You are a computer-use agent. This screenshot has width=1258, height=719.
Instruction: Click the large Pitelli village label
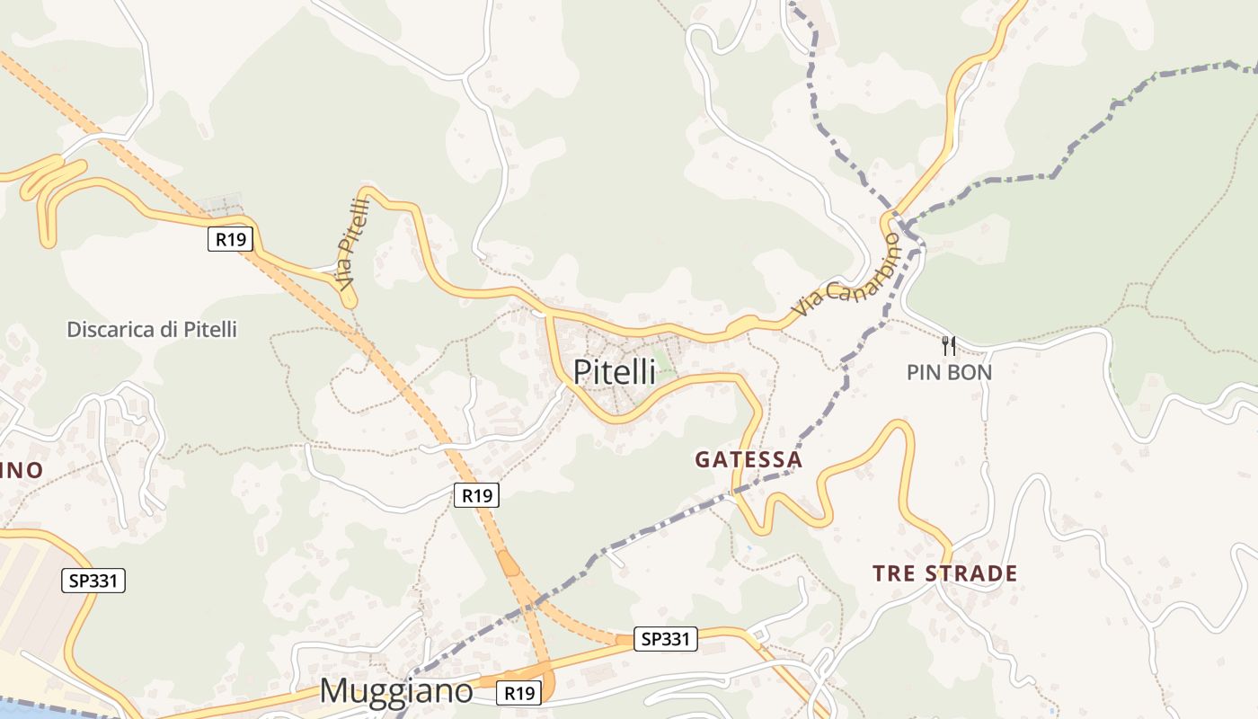[x=615, y=371]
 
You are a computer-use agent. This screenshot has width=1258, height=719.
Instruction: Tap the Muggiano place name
[x=395, y=690]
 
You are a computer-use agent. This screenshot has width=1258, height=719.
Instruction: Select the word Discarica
[x=111, y=329]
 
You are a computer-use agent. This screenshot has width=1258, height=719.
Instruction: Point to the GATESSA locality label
[x=749, y=459]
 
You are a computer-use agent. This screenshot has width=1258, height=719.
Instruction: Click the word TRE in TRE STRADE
[x=893, y=573]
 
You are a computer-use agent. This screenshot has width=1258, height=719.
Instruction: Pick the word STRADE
[x=971, y=573]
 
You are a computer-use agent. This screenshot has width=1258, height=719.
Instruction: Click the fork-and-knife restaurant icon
[x=948, y=345]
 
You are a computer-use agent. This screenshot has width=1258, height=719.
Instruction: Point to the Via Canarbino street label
[x=846, y=274]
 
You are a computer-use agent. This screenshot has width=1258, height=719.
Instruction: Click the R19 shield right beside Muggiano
[x=519, y=693]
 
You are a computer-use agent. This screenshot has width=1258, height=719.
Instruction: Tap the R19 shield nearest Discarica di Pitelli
[x=231, y=239]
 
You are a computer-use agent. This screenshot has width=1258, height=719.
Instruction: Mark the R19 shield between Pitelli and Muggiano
[x=476, y=494]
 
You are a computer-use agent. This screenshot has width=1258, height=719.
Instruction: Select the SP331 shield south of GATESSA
[x=666, y=639]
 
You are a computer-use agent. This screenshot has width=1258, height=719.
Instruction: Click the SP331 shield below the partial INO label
[x=93, y=581]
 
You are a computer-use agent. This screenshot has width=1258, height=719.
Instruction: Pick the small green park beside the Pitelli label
[x=664, y=364]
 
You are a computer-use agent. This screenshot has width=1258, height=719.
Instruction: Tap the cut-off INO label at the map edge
[x=22, y=470]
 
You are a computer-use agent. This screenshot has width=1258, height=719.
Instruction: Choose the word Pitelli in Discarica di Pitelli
[x=210, y=329]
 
